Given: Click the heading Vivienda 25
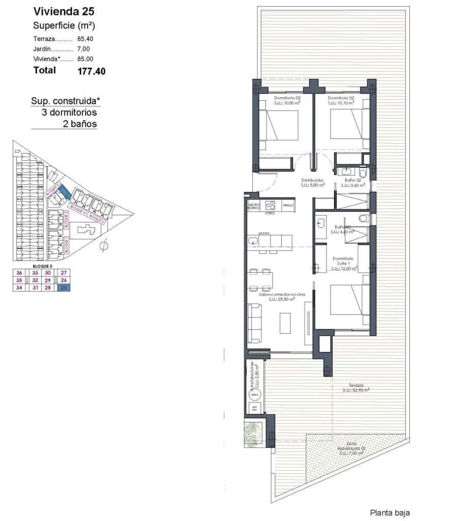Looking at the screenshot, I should click(64, 11).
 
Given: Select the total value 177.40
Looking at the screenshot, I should click(92, 72).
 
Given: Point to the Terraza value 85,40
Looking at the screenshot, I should click(85, 39).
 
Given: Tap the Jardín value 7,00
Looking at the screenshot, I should click(84, 49).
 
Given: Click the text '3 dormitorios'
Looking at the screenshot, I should click(69, 112).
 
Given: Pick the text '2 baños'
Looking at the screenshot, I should click(80, 124).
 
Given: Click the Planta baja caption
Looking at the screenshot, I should click(390, 513).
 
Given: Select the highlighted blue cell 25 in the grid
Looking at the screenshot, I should click(64, 288).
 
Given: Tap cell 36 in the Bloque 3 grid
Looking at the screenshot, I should click(20, 273).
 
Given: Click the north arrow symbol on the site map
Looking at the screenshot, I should click(104, 247).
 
